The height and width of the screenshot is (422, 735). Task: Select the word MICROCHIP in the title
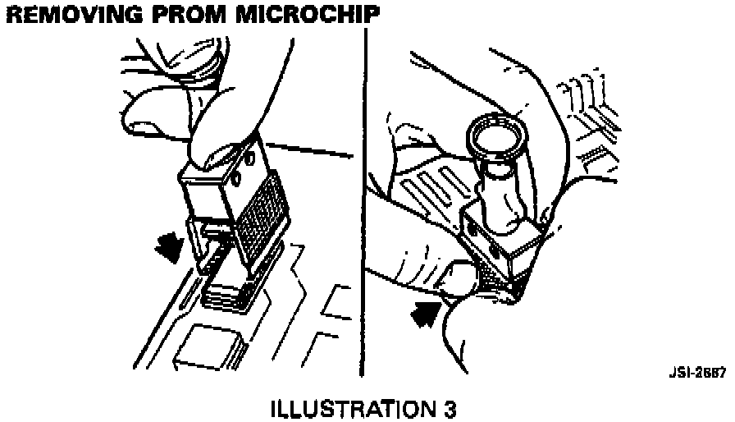pyautogui.click(x=308, y=15)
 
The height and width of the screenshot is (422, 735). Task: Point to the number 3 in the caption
pyautogui.click(x=449, y=410)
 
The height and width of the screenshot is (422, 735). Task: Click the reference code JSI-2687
pyautogui.click(x=697, y=373)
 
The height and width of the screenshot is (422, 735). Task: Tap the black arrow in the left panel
pyautogui.click(x=169, y=246)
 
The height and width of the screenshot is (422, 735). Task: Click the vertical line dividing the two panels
pyautogui.click(x=363, y=202)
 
